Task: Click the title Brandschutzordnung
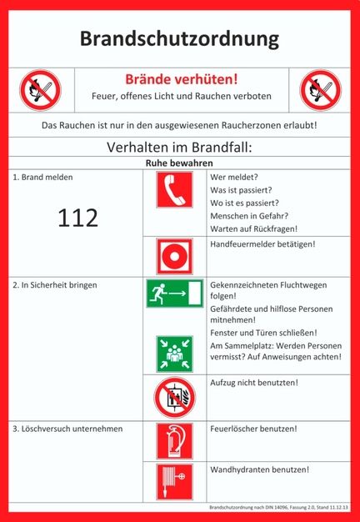[180, 39]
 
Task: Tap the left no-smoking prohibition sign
[40, 89]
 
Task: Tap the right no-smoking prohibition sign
[321, 89]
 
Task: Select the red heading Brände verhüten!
[181, 80]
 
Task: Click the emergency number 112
[77, 218]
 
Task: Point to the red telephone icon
[174, 190]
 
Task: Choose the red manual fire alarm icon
[174, 255]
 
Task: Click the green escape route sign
[174, 294]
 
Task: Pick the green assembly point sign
[174, 354]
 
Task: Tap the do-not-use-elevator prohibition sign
[174, 398]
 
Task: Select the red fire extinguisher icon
[174, 442]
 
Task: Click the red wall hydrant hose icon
[174, 481]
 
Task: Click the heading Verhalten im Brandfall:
[180, 148]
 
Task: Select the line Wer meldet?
[234, 178]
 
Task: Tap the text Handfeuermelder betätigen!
[262, 243]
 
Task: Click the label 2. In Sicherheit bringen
[54, 284]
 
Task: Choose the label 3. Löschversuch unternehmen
[67, 429]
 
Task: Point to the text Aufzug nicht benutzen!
[254, 383]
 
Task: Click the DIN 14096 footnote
[278, 506]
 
